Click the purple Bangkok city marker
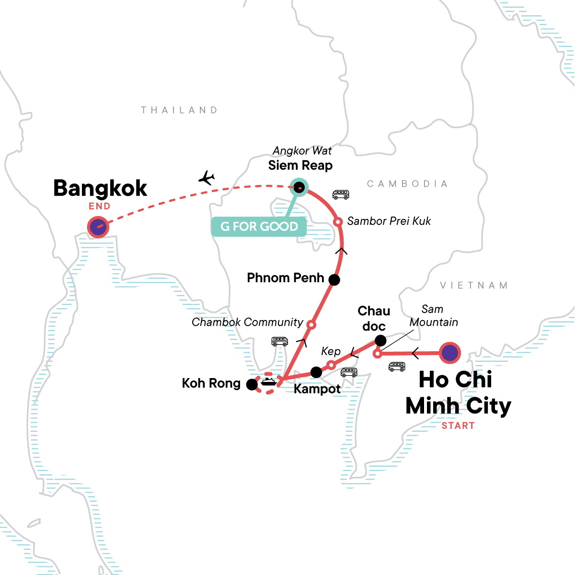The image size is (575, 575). click(x=98, y=227)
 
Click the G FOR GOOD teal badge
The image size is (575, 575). click(x=259, y=226)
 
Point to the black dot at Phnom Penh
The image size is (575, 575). click(x=334, y=280)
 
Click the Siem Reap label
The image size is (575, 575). click(x=300, y=166)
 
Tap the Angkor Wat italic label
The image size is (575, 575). click(x=302, y=150)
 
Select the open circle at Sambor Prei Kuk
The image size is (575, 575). click(x=337, y=222)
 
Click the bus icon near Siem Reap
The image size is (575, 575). click(x=341, y=195)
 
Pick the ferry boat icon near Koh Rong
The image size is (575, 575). click(x=268, y=381)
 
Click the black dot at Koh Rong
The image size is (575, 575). click(x=252, y=384)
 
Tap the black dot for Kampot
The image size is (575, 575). click(x=316, y=372)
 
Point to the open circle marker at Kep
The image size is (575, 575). click(x=331, y=365)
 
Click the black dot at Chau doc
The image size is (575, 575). click(x=380, y=341)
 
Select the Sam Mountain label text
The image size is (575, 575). click(x=433, y=316)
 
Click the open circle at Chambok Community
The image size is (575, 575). click(x=310, y=325)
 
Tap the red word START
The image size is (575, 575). click(x=458, y=425)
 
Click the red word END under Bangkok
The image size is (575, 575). click(x=100, y=207)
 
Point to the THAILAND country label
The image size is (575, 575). click(x=179, y=110)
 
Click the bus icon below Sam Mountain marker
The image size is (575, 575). click(x=397, y=367)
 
